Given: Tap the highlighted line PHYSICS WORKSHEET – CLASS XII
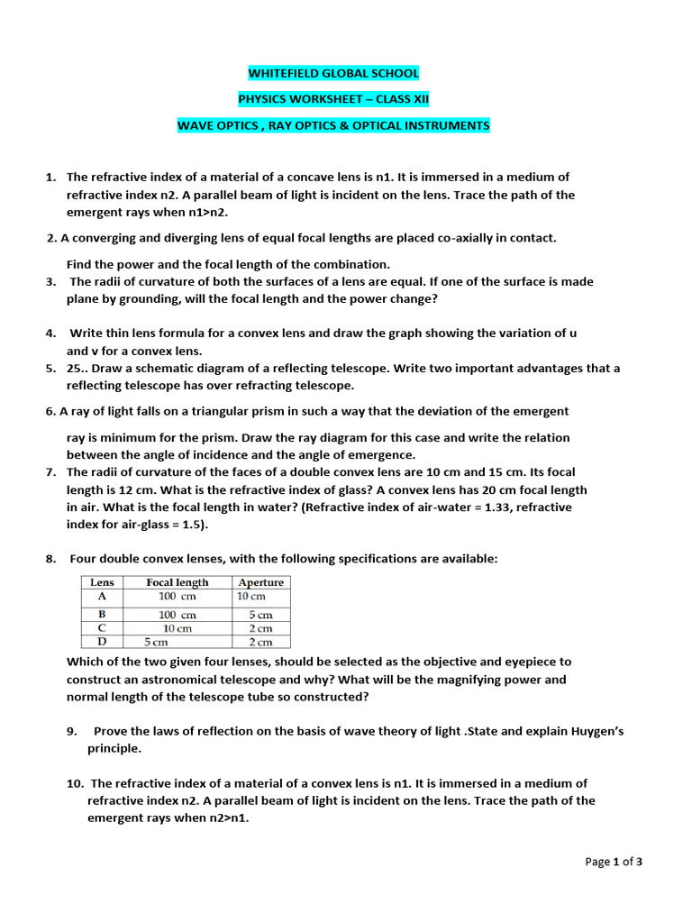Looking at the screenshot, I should pyautogui.click(x=333, y=99).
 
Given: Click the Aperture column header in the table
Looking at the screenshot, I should pyautogui.click(x=261, y=582).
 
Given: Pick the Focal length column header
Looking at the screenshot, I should pyautogui.click(x=178, y=582).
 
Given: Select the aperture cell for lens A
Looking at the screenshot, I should pyautogui.click(x=251, y=596).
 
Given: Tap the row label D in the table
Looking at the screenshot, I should pyautogui.click(x=101, y=642).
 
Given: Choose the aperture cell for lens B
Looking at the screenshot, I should pyautogui.click(x=260, y=614).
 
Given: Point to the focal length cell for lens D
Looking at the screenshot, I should pyautogui.click(x=159, y=642).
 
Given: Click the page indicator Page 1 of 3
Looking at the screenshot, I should pyautogui.click(x=614, y=862).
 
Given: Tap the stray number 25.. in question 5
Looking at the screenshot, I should pyautogui.click(x=79, y=368).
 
